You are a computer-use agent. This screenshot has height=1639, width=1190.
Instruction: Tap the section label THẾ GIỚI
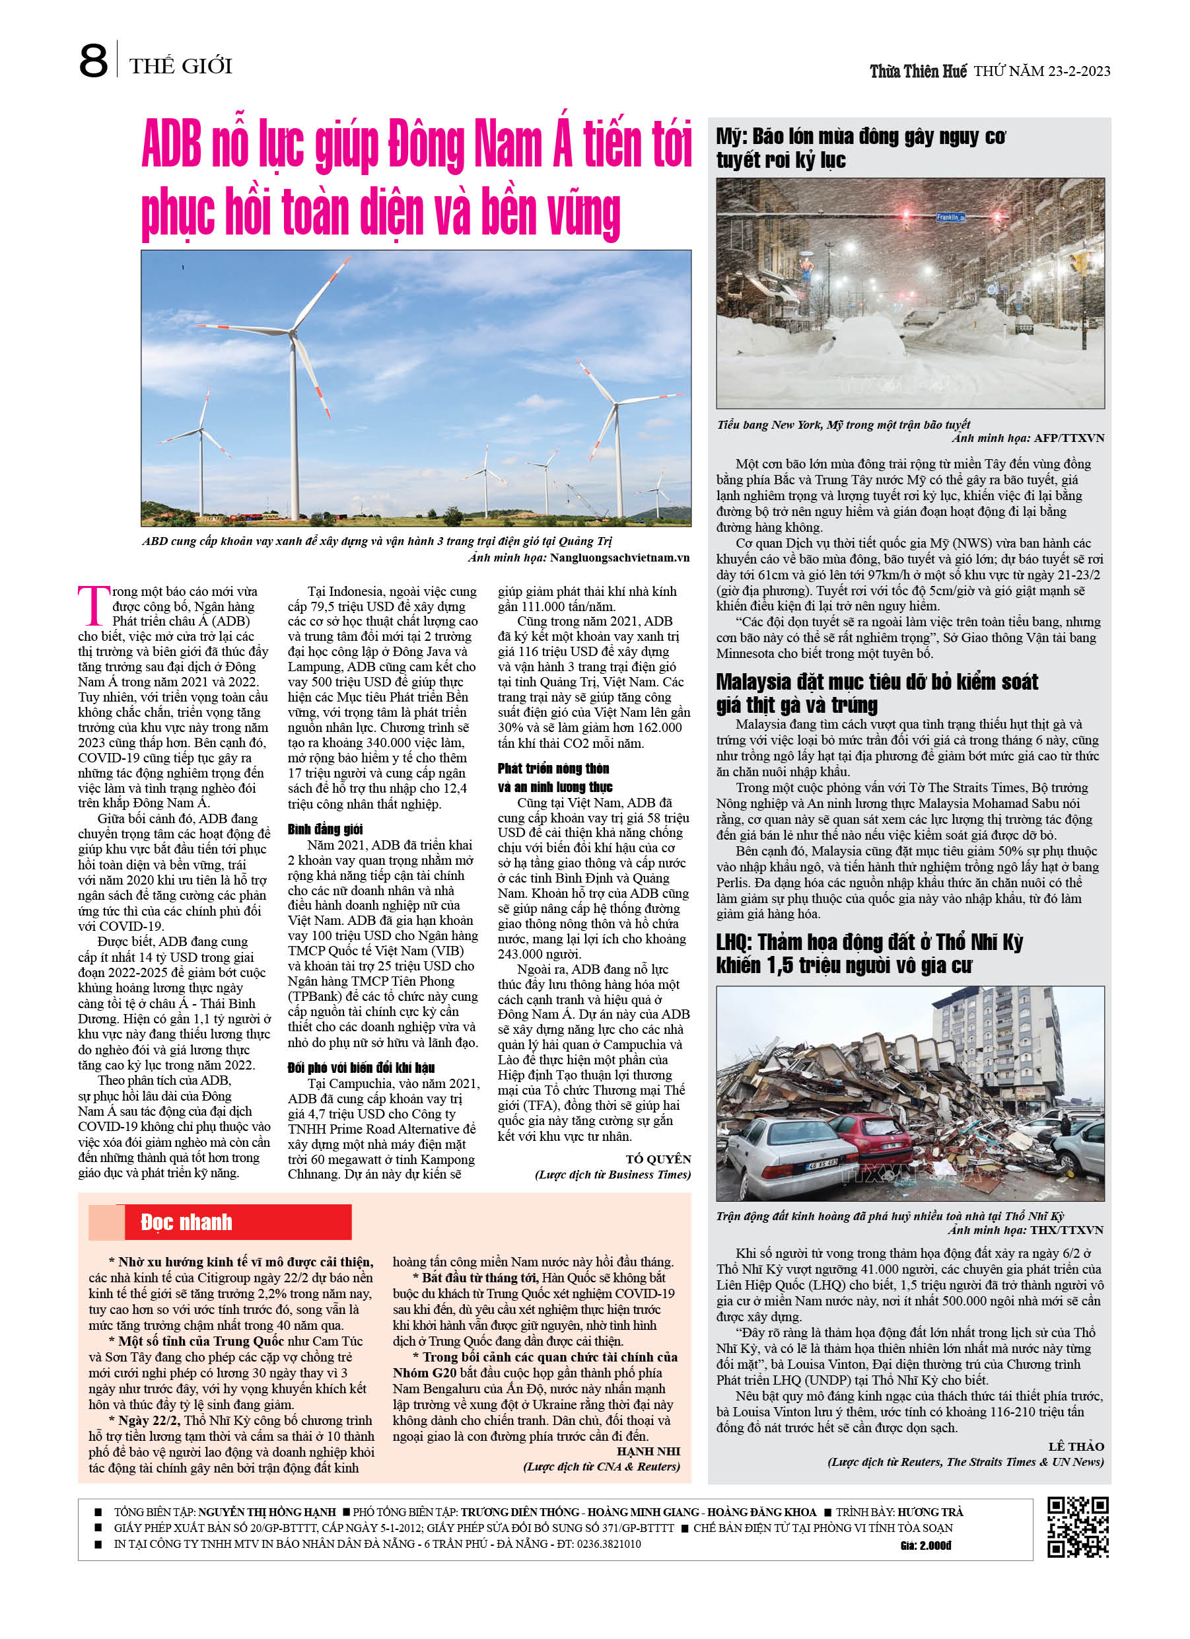tap(181, 67)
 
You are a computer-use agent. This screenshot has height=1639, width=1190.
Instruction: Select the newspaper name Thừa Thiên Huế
tap(918, 71)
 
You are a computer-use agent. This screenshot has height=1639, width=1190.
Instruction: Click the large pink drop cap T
tap(93, 606)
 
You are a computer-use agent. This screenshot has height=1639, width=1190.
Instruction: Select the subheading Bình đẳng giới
tap(325, 829)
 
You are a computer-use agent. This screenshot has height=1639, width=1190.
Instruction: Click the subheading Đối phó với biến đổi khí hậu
tap(361, 1068)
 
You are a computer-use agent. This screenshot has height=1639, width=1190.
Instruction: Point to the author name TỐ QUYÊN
tap(658, 1159)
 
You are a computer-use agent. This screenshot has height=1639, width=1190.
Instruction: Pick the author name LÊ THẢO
tap(1076, 1446)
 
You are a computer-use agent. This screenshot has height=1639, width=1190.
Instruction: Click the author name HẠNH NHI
tap(648, 1451)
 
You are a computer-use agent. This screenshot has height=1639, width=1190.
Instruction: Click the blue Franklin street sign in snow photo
tap(950, 217)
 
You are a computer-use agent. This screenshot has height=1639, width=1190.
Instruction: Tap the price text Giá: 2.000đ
tap(926, 1546)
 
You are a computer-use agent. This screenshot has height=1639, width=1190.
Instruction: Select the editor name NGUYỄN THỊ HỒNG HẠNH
tap(267, 1512)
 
